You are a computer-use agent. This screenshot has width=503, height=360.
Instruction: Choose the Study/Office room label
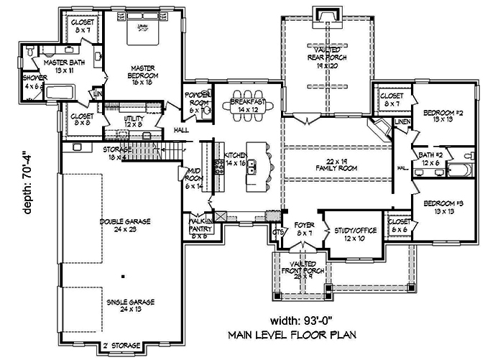click(x=351, y=234)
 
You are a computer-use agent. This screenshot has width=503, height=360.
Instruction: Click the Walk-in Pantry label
click(x=198, y=228)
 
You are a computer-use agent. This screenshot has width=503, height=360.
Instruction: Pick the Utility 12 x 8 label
click(x=134, y=121)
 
